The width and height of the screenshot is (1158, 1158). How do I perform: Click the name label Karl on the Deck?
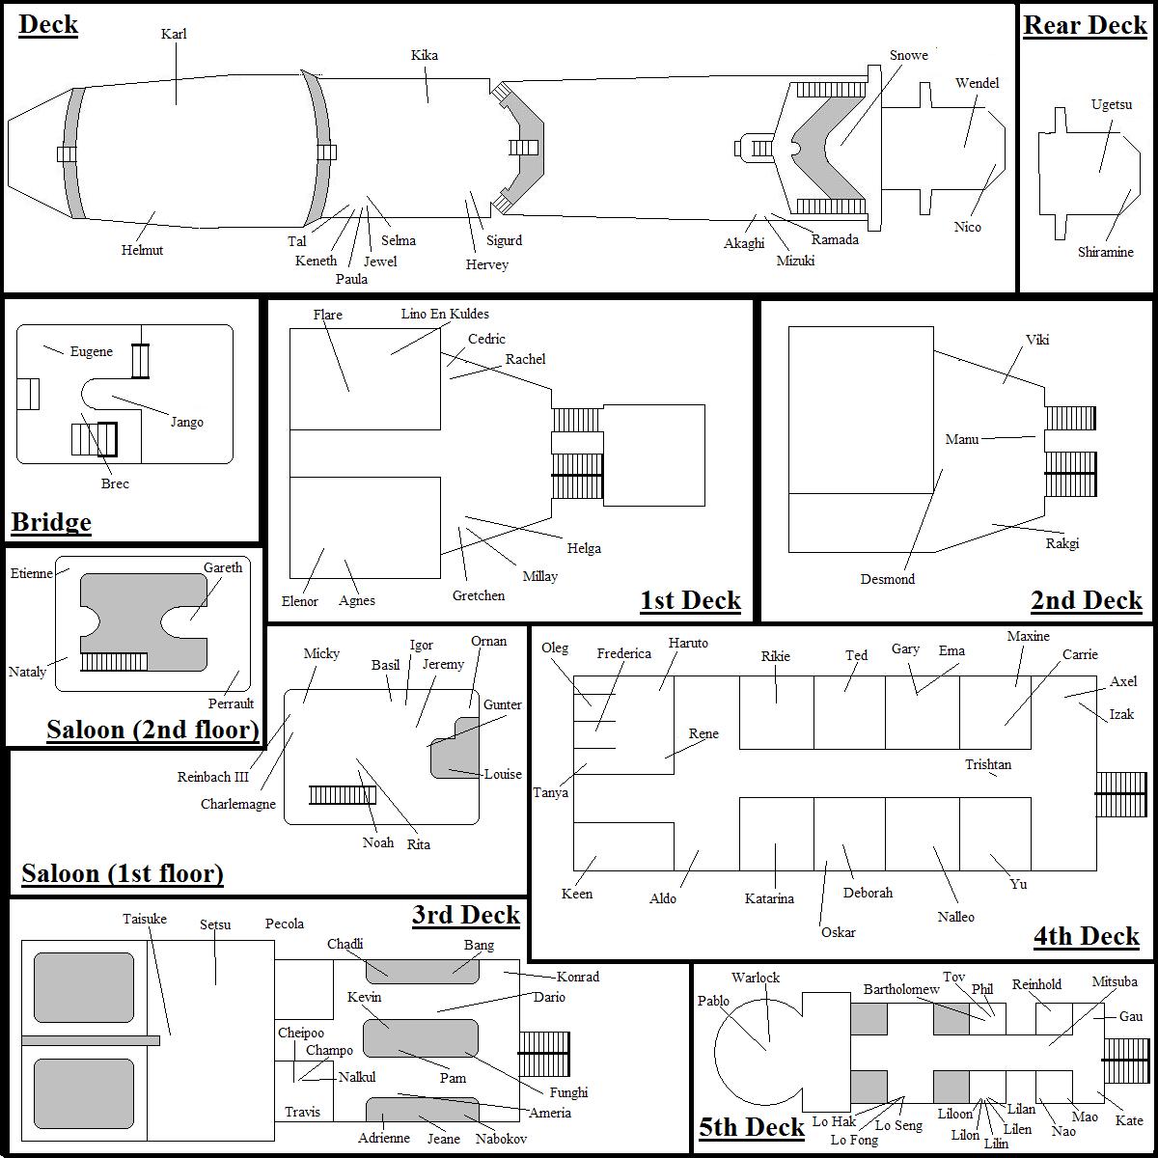[x=174, y=35]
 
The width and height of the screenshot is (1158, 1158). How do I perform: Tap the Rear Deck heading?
[x=1085, y=26]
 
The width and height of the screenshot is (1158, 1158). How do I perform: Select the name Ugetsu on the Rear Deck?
[x=1111, y=104]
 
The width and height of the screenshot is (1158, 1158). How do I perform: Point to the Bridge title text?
[x=51, y=522]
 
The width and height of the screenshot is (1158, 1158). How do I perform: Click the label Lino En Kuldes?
[x=445, y=314]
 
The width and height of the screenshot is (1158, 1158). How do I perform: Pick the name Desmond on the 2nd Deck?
[x=888, y=579]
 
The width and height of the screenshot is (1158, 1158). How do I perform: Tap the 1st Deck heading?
[x=690, y=600]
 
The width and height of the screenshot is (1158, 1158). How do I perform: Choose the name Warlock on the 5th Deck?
[x=755, y=978]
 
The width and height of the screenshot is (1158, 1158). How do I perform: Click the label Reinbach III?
[x=212, y=777]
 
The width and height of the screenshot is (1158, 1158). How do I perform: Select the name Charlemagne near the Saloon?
[x=238, y=804]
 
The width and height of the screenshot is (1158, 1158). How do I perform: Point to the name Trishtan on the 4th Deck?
[x=988, y=764]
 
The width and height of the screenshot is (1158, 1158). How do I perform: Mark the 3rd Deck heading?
[x=465, y=915]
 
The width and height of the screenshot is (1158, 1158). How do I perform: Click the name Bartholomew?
[x=901, y=989]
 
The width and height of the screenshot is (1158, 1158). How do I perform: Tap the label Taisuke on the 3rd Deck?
[x=145, y=919]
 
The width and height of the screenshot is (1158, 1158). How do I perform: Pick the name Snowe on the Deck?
[x=908, y=56]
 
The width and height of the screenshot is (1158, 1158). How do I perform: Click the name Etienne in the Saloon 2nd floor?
[x=32, y=573]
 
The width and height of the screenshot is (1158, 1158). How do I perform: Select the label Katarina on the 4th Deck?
[x=769, y=898]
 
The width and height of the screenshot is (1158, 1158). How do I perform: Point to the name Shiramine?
[x=1106, y=252]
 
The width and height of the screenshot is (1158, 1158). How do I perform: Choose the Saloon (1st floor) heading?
[x=123, y=873]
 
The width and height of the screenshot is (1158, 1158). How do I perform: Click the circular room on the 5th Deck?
[x=753, y=1042]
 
